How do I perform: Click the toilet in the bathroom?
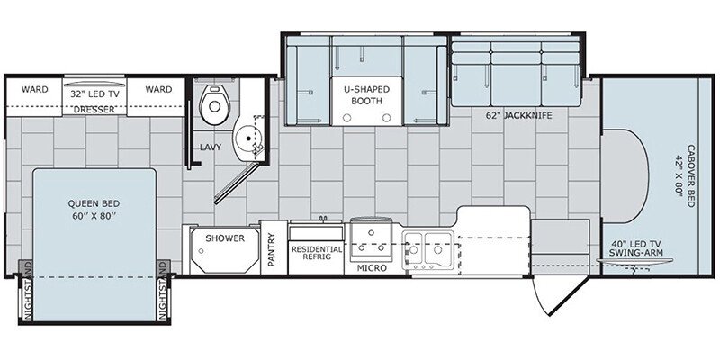click(x=214, y=104)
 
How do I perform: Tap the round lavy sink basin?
click(x=248, y=138)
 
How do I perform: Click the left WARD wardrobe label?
click(x=34, y=89)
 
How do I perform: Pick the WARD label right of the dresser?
click(x=158, y=89)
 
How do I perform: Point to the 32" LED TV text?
click(x=94, y=94)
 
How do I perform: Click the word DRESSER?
click(x=94, y=110)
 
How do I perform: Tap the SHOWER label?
click(x=225, y=238)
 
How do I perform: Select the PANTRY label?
click(x=272, y=249)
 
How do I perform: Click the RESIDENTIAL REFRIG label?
click(x=317, y=253)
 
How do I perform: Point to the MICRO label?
click(x=372, y=268)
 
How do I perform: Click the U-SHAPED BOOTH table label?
click(x=366, y=95)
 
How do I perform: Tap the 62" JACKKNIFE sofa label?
click(x=519, y=116)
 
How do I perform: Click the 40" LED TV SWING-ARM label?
click(x=635, y=248)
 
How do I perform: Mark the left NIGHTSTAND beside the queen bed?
click(x=27, y=290)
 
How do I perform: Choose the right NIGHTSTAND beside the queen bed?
click(x=163, y=290)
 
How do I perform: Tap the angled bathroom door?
click(x=237, y=184)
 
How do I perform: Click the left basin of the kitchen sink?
click(x=414, y=248)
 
